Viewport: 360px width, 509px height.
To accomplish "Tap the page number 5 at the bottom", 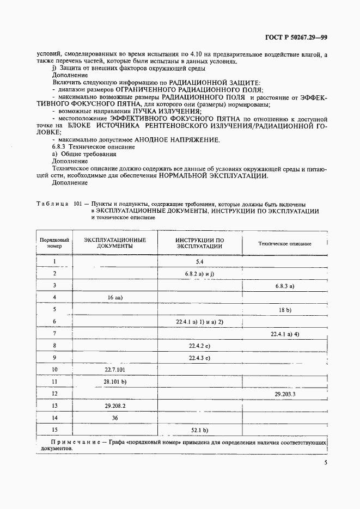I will [325, 463].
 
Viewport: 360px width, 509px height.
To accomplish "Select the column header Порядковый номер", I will [55, 243].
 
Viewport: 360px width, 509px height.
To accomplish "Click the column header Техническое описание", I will [285, 243].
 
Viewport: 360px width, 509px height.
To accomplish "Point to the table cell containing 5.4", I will [200, 262].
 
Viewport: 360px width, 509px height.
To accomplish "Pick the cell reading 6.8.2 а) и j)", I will [200, 273].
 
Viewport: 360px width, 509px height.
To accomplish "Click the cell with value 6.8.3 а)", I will [285, 285].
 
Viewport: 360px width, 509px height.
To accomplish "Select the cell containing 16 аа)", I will [114, 297].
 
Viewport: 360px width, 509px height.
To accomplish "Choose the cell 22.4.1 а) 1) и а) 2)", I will [200, 322].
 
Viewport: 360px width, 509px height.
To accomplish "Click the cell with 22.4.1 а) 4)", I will [285, 333].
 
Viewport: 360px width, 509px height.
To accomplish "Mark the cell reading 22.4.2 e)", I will [200, 345].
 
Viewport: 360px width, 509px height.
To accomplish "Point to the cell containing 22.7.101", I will [115, 370].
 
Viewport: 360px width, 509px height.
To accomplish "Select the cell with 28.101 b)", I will [115, 381].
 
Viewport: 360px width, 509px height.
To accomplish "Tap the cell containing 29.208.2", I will [115, 406].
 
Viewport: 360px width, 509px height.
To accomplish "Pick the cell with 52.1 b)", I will [200, 430].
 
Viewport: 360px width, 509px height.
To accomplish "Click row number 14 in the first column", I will [55, 418].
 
